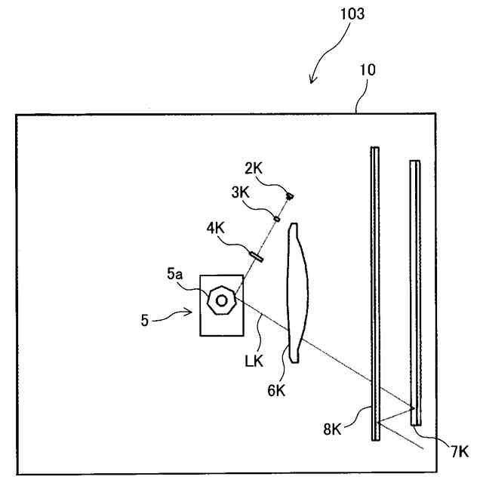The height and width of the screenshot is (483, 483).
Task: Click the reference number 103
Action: pos(351,14)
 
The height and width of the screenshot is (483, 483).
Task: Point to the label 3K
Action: pos(241,194)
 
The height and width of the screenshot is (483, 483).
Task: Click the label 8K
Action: pos(333,430)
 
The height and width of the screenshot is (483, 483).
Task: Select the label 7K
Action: pos(459,451)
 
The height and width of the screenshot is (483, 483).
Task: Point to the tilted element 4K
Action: pos(256,255)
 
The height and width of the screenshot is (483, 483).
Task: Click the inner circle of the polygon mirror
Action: pos(222,300)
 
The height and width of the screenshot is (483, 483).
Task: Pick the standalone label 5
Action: pos(145,320)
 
